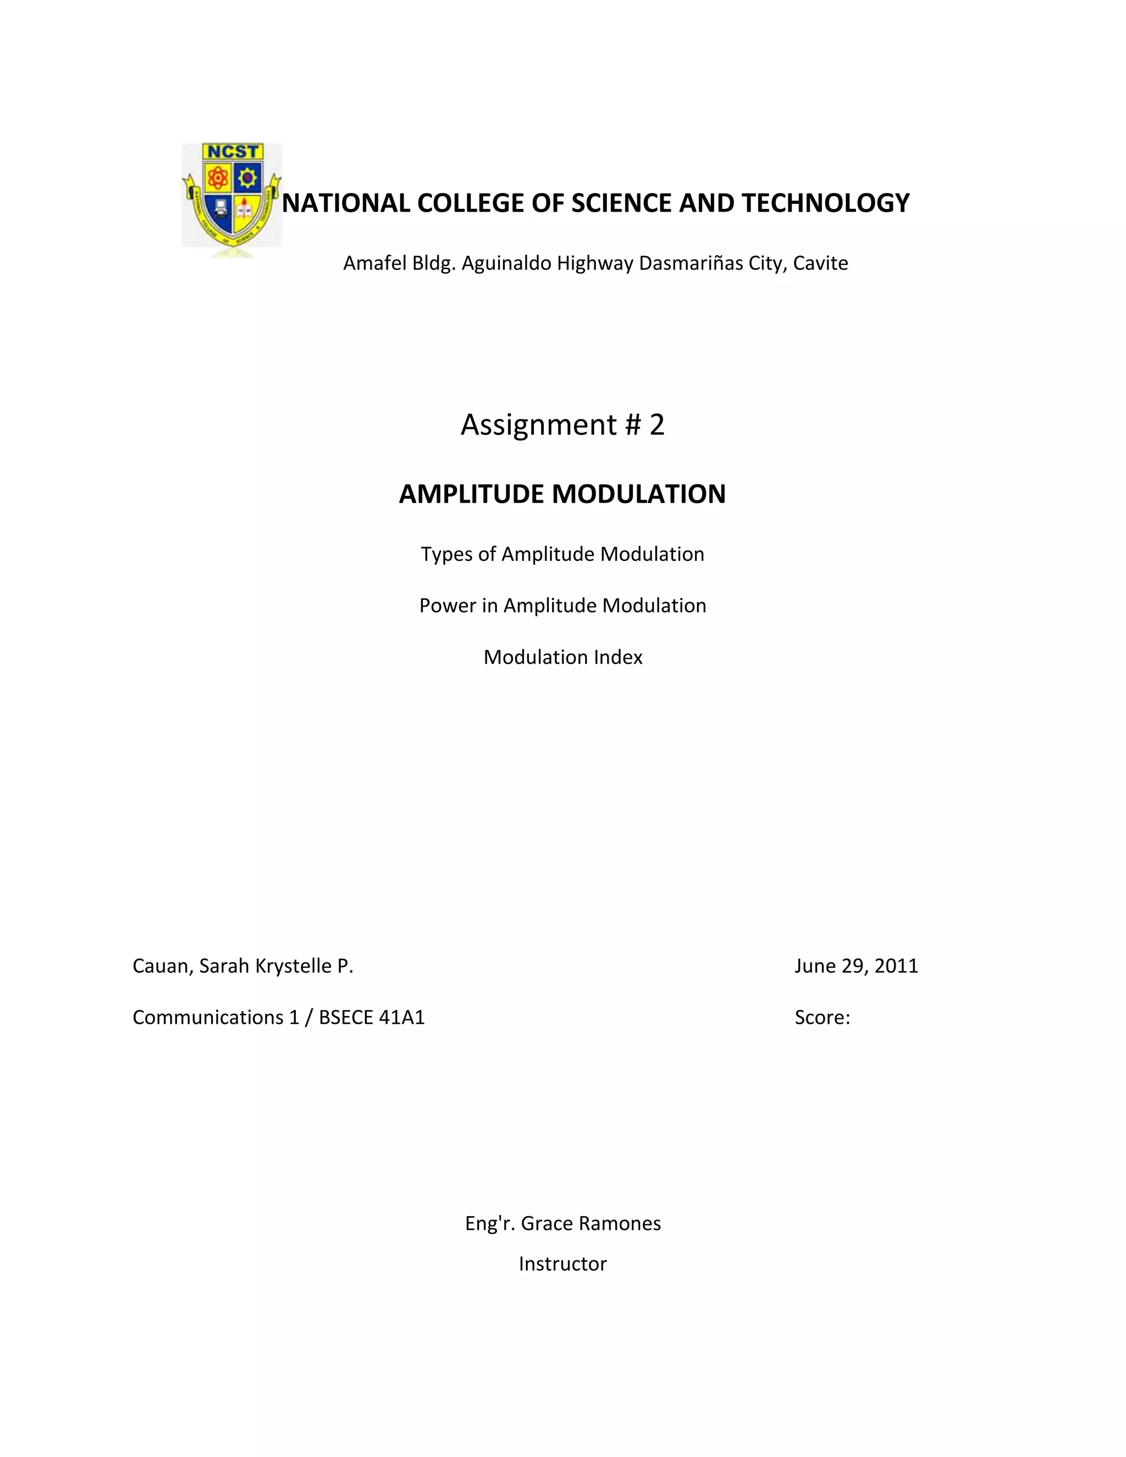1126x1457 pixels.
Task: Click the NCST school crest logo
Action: [231, 197]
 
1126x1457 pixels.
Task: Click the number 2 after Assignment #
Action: [657, 425]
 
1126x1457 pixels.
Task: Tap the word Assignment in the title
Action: [539, 425]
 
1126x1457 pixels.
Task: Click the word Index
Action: [620, 658]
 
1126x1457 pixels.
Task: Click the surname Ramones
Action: [625, 1223]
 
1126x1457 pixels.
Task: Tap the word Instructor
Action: [563, 1264]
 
